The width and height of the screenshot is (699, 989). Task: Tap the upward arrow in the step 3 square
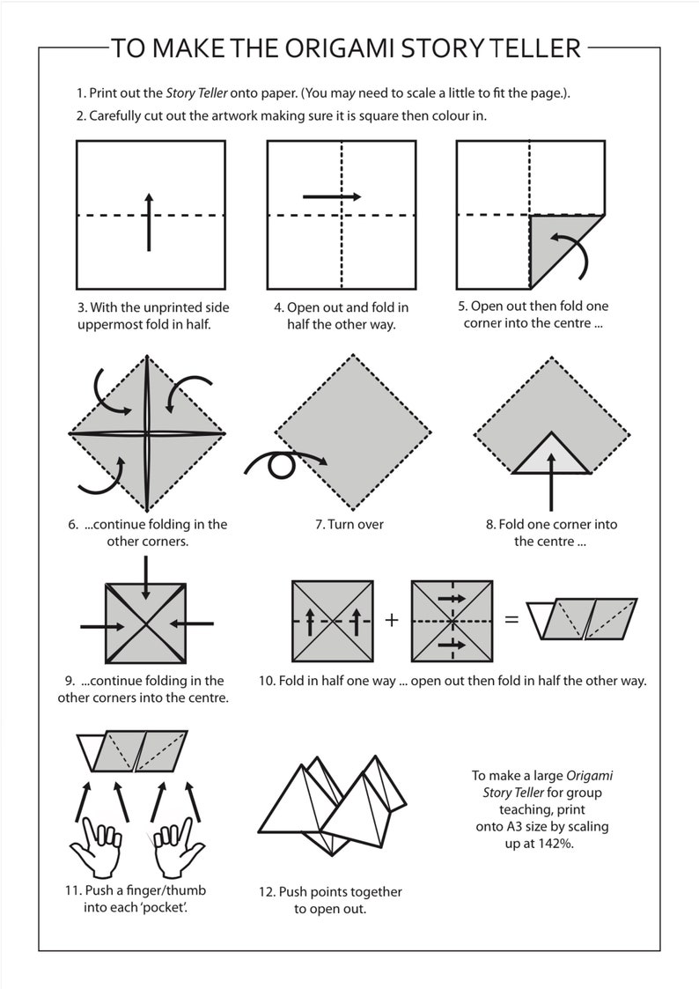pyautogui.click(x=149, y=222)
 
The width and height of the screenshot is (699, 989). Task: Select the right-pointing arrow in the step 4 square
pyautogui.click(x=332, y=196)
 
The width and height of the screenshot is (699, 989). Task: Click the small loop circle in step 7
pyautogui.click(x=281, y=466)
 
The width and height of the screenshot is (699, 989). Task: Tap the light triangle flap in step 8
pyautogui.click(x=551, y=454)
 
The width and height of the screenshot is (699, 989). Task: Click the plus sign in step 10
pyautogui.click(x=392, y=620)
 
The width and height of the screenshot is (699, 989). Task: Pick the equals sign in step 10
pyautogui.click(x=511, y=619)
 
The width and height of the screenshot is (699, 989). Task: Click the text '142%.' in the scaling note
pyautogui.click(x=556, y=844)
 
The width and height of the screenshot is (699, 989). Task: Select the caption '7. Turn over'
pyautogui.click(x=349, y=524)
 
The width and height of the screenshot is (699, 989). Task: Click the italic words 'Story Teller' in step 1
pyautogui.click(x=196, y=93)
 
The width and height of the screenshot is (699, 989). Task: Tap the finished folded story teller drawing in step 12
pyautogui.click(x=332, y=806)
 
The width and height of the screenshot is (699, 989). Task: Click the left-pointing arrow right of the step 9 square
pyautogui.click(x=192, y=624)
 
